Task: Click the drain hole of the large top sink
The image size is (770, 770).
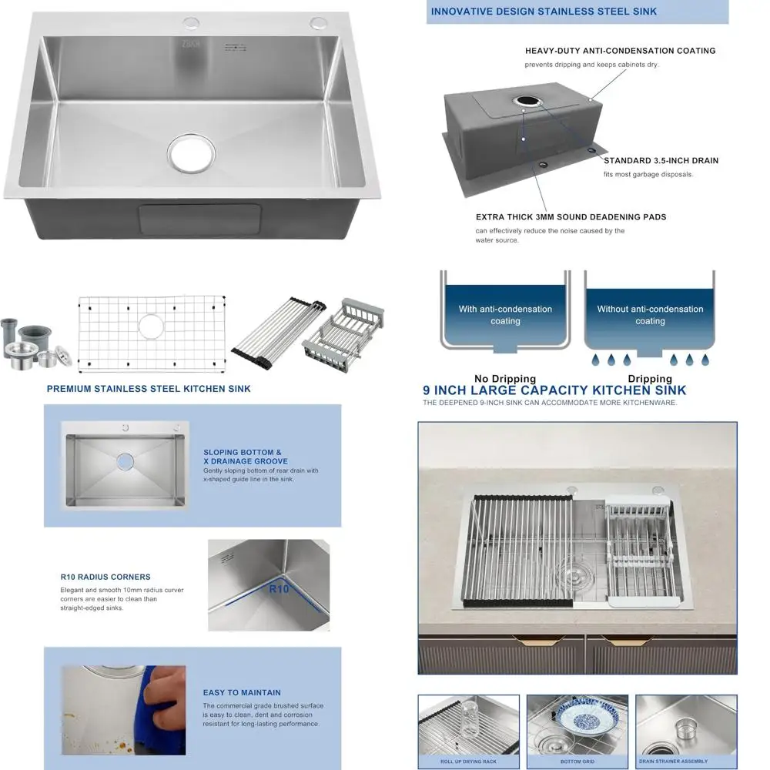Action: pyautogui.click(x=192, y=152)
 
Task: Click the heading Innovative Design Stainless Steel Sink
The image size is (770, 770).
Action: pyautogui.click(x=544, y=12)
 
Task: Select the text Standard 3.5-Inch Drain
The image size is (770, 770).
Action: pyautogui.click(x=661, y=161)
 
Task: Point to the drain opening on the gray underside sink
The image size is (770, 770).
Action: pyautogui.click(x=527, y=101)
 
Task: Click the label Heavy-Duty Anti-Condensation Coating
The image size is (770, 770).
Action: pyautogui.click(x=620, y=51)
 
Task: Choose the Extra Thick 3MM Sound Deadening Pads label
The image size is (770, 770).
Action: pyautogui.click(x=571, y=217)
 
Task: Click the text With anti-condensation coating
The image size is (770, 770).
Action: pyautogui.click(x=505, y=315)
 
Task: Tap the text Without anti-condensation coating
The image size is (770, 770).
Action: pyautogui.click(x=650, y=315)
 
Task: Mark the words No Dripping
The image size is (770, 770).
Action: pyautogui.click(x=505, y=378)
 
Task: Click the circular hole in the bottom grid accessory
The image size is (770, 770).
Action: pyautogui.click(x=151, y=326)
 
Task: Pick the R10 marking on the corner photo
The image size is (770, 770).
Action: pyautogui.click(x=279, y=589)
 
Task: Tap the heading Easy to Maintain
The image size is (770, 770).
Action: pyautogui.click(x=242, y=692)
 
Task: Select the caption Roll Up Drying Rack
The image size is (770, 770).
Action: pyautogui.click(x=468, y=762)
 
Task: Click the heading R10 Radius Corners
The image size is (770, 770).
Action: pyautogui.click(x=105, y=577)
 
